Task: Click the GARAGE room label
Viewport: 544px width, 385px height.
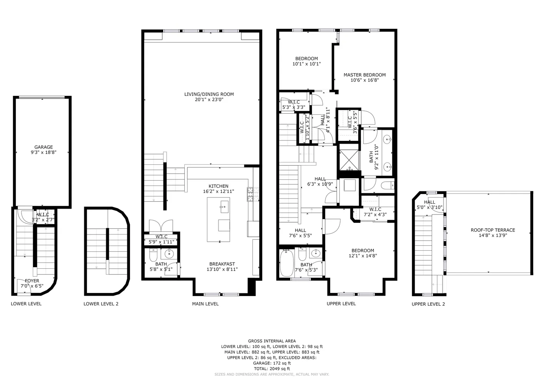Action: [43, 147]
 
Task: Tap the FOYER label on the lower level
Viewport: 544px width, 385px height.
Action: [32, 281]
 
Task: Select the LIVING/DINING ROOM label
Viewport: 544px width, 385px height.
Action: [209, 94]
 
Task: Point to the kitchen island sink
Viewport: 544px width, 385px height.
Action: [224, 207]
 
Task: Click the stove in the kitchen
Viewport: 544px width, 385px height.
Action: [253, 194]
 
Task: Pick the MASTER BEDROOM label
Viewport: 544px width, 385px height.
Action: [365, 75]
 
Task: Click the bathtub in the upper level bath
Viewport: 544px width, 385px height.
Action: [287, 263]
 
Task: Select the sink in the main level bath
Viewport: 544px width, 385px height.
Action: [169, 254]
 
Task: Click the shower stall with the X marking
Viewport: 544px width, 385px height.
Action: [349, 160]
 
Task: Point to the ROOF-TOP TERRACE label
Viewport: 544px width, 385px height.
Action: [493, 230]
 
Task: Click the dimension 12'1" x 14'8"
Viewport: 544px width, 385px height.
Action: [363, 256]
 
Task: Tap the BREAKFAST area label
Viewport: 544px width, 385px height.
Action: [222, 264]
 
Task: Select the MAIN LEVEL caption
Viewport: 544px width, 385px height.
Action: [205, 304]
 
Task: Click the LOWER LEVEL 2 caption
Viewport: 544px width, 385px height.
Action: [101, 304]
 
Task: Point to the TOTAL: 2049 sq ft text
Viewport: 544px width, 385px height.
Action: [272, 369]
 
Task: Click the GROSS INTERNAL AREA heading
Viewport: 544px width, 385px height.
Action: [272, 341]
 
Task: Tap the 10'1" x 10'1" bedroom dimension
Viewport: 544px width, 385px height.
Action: [307, 64]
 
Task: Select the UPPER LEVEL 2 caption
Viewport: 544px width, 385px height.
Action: [428, 304]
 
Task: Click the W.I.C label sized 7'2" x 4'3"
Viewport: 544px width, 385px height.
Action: [375, 209]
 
